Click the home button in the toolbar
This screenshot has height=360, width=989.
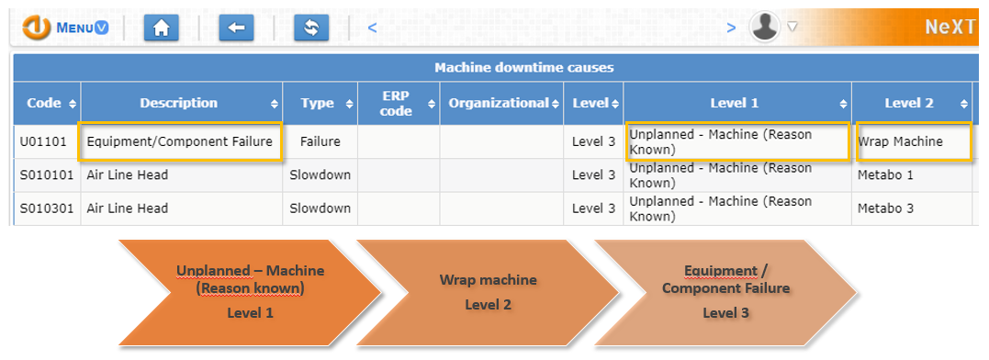point(162,28)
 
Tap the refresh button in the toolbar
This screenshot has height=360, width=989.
point(310,28)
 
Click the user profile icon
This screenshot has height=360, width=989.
point(764,28)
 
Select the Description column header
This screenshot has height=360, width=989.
point(179,103)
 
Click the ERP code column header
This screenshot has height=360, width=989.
point(397,103)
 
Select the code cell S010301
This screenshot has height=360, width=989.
point(45,208)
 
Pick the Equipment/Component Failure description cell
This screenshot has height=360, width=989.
point(180,141)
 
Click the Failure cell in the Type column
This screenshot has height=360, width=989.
point(320,141)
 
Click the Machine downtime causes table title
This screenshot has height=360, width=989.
point(523,67)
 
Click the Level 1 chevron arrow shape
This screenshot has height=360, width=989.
point(248,292)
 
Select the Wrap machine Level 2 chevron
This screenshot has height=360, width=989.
point(487,292)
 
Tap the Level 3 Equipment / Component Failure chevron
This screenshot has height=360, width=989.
point(725,292)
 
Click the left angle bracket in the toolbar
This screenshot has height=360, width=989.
point(372,28)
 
